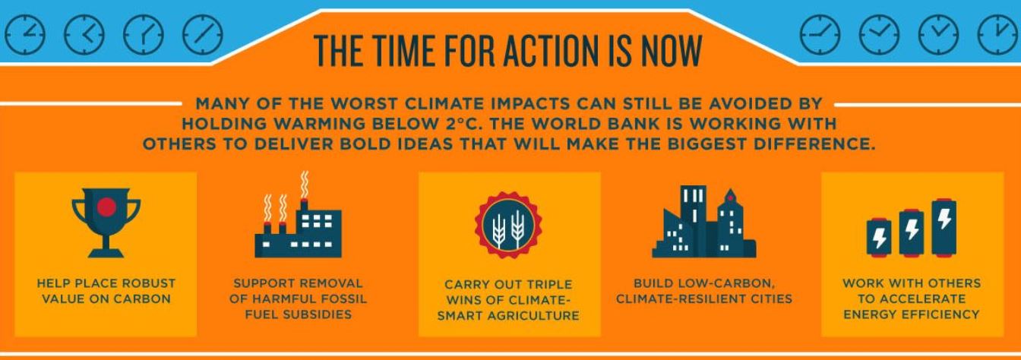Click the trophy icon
106,223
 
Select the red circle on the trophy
106,207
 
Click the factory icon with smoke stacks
298,215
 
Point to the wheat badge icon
508,225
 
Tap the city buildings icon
704,222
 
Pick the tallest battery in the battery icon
944,227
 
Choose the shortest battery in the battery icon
879,238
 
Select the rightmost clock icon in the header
997,35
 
